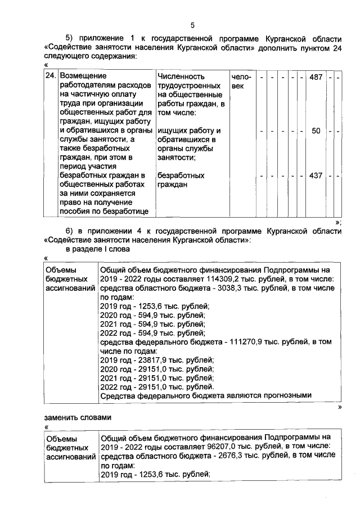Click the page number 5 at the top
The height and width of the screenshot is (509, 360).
(192, 25)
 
